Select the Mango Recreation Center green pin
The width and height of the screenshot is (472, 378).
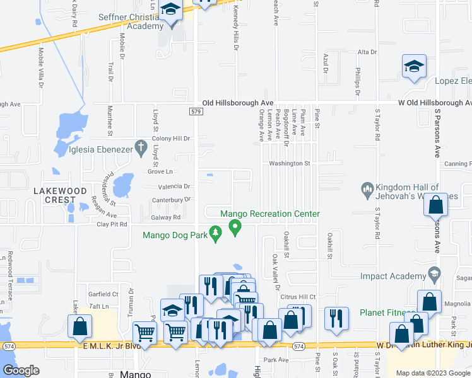pyautogui.click(x=235, y=227)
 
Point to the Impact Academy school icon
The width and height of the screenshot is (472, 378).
pyautogui.click(x=434, y=274)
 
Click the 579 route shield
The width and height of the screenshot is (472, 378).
pyautogui.click(x=195, y=112)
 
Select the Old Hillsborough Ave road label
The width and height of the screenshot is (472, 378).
pyautogui.click(x=238, y=102)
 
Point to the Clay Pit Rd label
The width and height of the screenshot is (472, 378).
pyautogui.click(x=112, y=224)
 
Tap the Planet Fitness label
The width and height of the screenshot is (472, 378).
pyautogui.click(x=387, y=312)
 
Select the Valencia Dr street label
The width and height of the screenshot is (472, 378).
pyautogui.click(x=174, y=186)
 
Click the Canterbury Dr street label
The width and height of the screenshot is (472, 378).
pyautogui.click(x=170, y=200)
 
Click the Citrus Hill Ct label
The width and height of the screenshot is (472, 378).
pyautogui.click(x=299, y=296)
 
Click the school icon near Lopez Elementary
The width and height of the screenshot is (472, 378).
pyautogui.click(x=414, y=67)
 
